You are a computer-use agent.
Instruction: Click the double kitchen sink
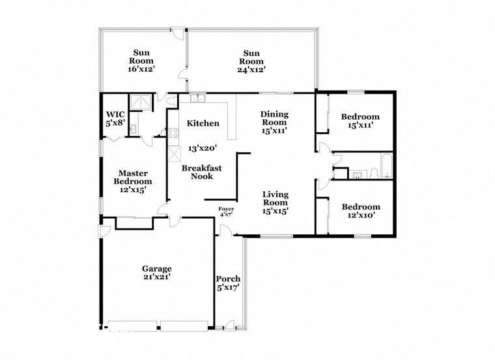click(x=197, y=100)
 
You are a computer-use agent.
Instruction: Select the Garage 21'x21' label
click(x=157, y=273)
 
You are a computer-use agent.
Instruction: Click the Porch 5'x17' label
click(x=229, y=283)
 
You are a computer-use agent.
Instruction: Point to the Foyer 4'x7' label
click(x=225, y=211)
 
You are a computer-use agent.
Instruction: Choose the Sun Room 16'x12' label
click(x=143, y=61)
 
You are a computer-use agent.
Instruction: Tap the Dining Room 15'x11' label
click(x=274, y=122)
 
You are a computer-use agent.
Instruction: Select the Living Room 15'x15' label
click(x=276, y=202)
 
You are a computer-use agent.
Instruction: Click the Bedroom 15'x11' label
click(x=360, y=121)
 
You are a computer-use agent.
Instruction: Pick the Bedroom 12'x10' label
click(x=361, y=211)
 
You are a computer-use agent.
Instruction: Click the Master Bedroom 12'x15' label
click(x=135, y=181)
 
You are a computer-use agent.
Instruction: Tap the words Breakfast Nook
click(x=201, y=172)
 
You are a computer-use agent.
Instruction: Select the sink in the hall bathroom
click(x=358, y=174)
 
